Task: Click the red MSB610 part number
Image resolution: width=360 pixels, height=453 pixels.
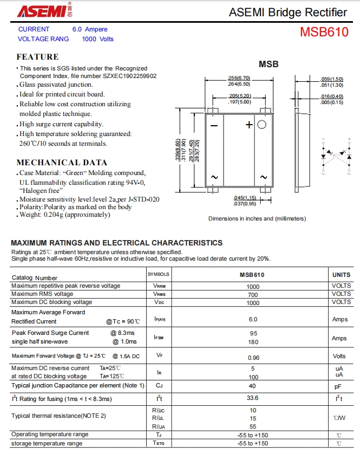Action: point(324,32)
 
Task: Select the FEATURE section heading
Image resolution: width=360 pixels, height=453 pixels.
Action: point(37,57)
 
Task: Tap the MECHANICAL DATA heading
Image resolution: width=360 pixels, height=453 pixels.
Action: point(62,163)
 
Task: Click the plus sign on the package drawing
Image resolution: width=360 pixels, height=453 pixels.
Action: point(249,125)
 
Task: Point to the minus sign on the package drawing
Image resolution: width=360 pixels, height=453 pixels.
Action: point(214,125)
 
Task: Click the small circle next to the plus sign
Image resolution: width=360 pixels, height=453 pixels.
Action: point(262,124)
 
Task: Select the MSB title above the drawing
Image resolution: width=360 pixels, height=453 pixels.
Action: point(268,64)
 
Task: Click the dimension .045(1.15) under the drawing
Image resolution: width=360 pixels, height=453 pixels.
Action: point(245,198)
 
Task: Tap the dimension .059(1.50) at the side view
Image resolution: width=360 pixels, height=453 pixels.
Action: point(332,79)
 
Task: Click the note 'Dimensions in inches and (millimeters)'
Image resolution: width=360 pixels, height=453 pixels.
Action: point(257,218)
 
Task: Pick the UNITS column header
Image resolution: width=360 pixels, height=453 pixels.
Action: point(341,275)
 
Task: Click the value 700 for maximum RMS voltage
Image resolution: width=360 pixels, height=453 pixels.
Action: point(253,294)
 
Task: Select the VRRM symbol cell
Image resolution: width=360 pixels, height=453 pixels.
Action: point(159,286)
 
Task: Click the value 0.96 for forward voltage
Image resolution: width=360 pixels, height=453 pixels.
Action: point(253,358)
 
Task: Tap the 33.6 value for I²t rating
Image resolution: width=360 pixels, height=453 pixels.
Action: point(253,398)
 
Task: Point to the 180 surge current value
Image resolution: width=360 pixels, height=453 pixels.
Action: point(253,342)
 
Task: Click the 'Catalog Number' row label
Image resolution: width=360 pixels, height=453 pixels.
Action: point(35,278)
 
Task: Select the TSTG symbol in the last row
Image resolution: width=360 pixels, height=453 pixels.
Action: point(159,444)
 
